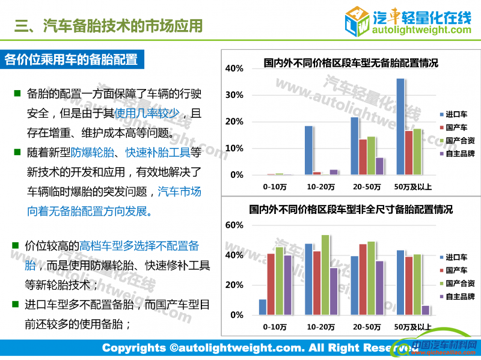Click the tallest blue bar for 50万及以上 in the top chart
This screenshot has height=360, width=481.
pos(400,126)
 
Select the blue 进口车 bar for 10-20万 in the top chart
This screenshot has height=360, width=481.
pos(308,150)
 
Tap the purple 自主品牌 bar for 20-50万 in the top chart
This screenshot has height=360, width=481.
pos(379,166)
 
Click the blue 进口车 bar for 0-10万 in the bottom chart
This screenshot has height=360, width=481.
pos(263,307)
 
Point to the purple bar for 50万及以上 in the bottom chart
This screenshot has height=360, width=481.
pos(426,310)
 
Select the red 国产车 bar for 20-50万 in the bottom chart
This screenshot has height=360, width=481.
pos(363,279)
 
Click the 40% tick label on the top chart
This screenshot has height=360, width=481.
pos(234,69)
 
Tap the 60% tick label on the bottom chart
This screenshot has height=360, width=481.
pos(234,225)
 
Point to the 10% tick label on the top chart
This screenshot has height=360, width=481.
pos(234,148)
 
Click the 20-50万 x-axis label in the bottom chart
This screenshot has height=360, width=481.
pos(367,327)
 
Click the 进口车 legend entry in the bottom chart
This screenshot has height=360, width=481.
pos(458,257)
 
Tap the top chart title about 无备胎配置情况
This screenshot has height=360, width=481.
pos(351,63)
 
